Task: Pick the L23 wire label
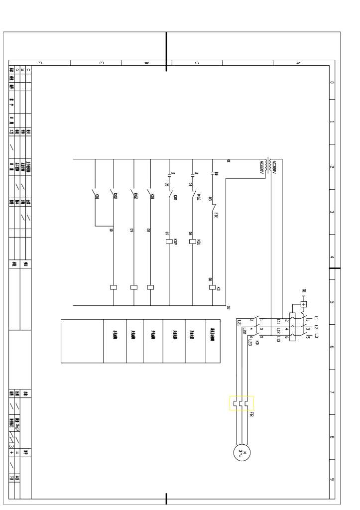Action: tap(250, 342)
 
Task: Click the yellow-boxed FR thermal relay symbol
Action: tap(241, 403)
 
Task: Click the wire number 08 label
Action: tap(148, 230)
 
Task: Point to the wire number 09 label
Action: tap(131, 230)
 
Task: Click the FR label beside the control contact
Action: tap(216, 215)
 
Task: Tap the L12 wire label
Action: tap(278, 331)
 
